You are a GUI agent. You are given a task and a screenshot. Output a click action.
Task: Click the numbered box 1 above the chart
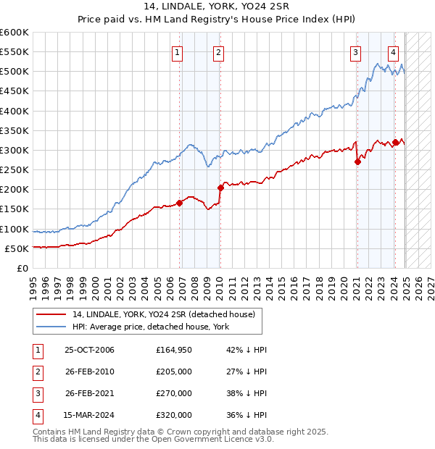tap(178, 51)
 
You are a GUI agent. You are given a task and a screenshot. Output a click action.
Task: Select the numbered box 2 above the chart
tap(218, 51)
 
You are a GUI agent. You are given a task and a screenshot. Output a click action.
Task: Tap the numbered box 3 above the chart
tap(356, 51)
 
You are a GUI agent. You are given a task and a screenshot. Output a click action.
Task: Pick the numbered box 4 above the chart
tap(393, 51)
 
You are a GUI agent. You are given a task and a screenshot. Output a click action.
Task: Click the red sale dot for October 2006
tap(179, 203)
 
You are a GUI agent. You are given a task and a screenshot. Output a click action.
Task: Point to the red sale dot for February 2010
tap(220, 188)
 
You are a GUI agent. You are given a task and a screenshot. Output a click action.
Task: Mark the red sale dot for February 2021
tap(357, 162)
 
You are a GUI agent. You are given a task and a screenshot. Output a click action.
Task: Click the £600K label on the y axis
tap(14, 33)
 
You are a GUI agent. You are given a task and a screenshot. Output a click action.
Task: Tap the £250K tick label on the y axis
tap(14, 169)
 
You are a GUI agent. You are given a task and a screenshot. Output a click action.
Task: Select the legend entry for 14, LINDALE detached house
tap(163, 314)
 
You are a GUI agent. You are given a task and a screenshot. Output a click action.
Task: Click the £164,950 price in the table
tap(174, 350)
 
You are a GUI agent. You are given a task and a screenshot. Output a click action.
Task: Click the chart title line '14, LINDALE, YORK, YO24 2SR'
tap(217, 9)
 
